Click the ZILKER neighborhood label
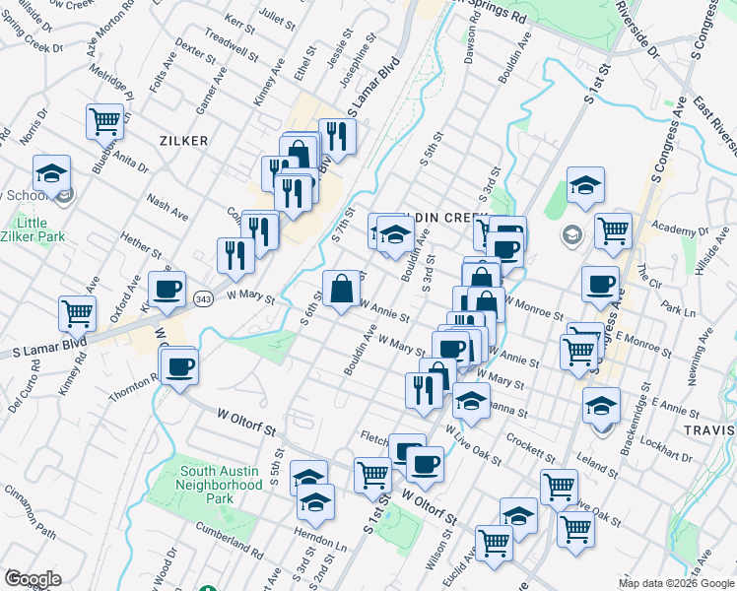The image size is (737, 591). pyautogui.click(x=183, y=141)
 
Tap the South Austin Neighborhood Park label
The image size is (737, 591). pyautogui.click(x=207, y=485)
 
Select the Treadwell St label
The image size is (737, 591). pyautogui.click(x=230, y=42)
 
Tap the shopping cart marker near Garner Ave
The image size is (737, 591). pyautogui.click(x=104, y=122)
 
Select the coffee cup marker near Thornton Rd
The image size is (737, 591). pyautogui.click(x=179, y=368)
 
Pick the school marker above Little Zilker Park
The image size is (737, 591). pyautogui.click(x=50, y=174)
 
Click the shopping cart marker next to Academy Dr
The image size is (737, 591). pyautogui.click(x=613, y=231)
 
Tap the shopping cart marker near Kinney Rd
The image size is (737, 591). pyautogui.click(x=77, y=314)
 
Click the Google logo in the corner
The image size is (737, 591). pyautogui.click(x=33, y=578)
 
